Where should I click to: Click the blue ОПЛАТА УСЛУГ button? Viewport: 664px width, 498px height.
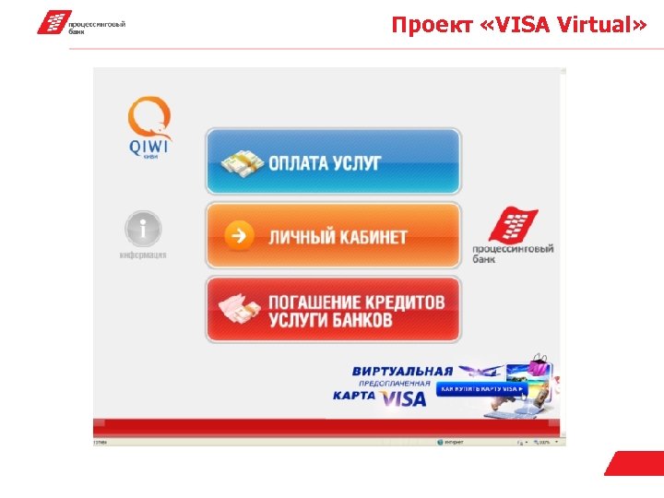tap(332, 161)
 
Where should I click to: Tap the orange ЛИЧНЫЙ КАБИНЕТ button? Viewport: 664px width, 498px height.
tap(332, 236)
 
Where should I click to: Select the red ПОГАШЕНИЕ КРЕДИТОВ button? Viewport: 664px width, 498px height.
tap(332, 310)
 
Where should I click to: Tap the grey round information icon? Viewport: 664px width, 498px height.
tap(143, 229)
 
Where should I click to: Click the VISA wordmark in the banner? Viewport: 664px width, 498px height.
tap(405, 397)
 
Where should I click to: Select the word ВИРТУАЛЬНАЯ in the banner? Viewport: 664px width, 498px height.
tap(403, 371)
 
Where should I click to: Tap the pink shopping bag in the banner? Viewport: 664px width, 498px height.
tap(538, 368)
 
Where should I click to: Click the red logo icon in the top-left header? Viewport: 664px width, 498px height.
tap(53, 22)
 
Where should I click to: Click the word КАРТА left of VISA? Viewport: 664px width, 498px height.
tap(354, 396)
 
